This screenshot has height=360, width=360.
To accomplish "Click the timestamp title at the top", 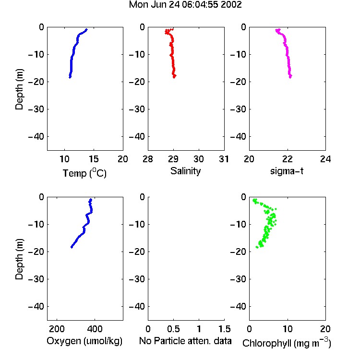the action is coord(185,5).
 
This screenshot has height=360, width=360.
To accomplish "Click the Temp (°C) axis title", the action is coord(84,173).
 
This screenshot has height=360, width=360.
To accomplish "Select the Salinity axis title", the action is coord(185,171).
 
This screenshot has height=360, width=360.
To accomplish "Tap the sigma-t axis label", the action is coord(287,171).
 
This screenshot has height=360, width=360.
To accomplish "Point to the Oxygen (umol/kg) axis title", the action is coord(84,341).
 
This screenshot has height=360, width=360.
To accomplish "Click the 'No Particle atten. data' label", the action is coord(185,341).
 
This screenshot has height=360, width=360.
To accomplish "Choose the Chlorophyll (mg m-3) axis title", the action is coord(287,343).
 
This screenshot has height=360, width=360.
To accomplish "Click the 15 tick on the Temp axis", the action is coord(94,159).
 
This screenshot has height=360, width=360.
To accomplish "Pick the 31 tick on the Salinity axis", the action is coord(224,159).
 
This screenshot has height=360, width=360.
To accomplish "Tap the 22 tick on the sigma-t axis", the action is coord(288,159).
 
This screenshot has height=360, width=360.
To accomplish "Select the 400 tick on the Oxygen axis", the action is coord(95,329).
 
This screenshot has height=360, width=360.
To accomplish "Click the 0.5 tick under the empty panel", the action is coord(173,329).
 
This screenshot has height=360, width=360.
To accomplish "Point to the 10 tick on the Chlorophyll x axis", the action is coord(288,329).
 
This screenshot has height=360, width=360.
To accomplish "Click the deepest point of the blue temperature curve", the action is coord(70,77).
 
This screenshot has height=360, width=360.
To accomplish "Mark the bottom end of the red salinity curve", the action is coord(174,77).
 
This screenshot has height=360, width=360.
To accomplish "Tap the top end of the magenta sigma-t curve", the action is coord(277,30).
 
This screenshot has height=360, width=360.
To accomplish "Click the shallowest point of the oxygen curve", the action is coord(91,200).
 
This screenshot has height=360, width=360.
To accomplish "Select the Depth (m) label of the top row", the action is coord(19,89).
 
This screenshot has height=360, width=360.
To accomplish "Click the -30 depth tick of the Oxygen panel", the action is coord(36,279).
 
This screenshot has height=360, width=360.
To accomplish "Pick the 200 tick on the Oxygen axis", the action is coord(57,329).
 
